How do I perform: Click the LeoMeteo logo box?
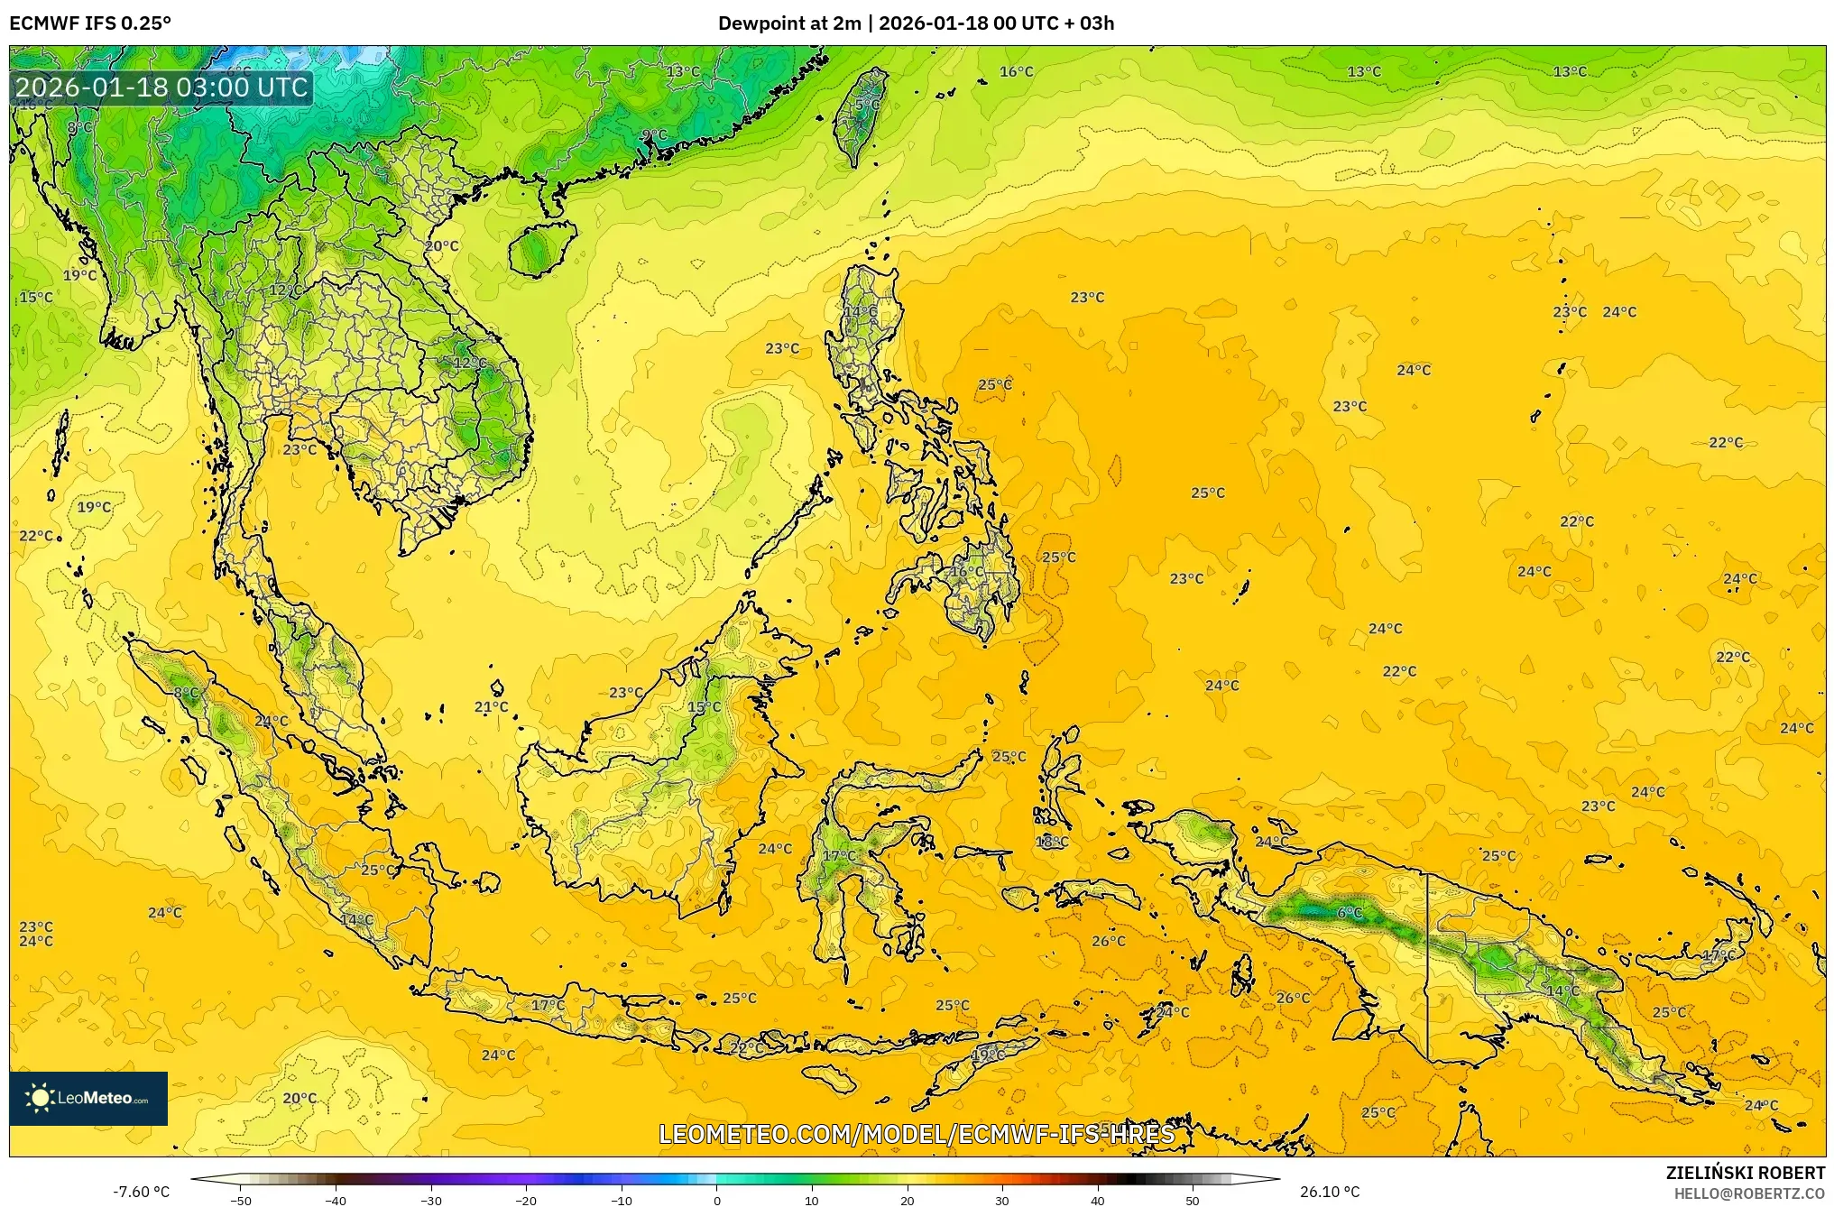pos(88,1098)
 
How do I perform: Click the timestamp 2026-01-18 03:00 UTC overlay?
pos(162,88)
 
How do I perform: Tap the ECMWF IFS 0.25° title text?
pos(90,23)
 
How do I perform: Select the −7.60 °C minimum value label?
pos(141,1192)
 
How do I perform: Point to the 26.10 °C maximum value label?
pos(1329,1192)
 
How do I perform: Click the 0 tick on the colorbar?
pos(717,1200)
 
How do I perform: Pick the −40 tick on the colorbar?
pos(336,1200)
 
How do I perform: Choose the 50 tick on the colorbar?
pos(1193,1200)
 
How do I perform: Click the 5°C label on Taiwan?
pos(867,105)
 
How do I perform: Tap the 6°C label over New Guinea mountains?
pos(1350,913)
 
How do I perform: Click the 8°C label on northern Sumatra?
pos(186,693)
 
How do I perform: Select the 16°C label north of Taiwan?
pos(1016,71)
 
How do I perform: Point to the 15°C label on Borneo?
pos(704,706)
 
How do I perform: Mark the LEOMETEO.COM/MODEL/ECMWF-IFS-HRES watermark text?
pos(917,1134)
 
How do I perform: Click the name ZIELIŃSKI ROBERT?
pos(1745,1173)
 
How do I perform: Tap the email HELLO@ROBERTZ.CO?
pos(1749,1193)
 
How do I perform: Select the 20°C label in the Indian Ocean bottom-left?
pos(300,1098)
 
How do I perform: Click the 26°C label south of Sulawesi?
pos(1108,941)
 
